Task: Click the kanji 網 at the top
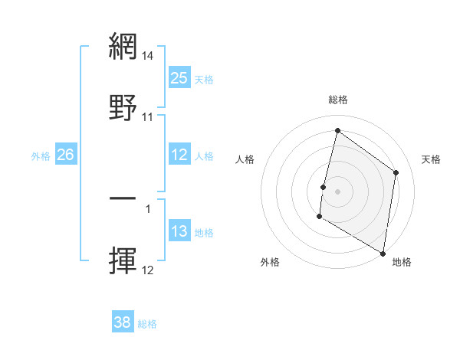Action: tap(123, 46)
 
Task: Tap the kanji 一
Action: tap(123, 198)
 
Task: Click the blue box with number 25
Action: tap(179, 78)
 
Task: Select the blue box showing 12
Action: tap(179, 155)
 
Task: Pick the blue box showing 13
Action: tap(179, 231)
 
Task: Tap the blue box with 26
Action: tap(65, 155)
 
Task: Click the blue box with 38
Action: tap(123, 322)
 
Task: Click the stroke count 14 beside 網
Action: tap(148, 56)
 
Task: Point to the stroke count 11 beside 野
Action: tap(148, 117)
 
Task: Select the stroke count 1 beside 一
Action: tap(148, 208)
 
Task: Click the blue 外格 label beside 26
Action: tap(41, 155)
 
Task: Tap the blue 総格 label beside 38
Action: tap(147, 323)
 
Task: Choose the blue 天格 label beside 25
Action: tap(203, 79)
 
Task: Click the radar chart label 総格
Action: tap(337, 100)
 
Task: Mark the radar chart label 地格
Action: tap(402, 262)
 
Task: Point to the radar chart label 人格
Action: tap(245, 159)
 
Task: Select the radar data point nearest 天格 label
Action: tap(396, 172)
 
